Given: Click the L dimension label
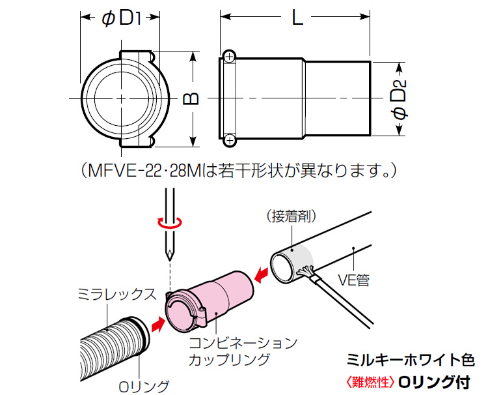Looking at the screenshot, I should coord(297,18).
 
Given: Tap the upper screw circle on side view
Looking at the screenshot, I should coord(228,57).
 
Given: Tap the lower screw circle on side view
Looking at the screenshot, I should coord(228,140).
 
